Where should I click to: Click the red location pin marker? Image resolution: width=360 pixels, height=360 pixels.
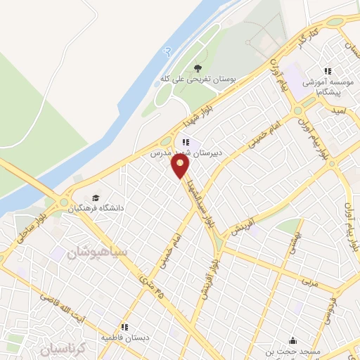(x=181, y=167)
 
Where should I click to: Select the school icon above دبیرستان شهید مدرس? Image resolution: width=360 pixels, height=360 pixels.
(x=186, y=142)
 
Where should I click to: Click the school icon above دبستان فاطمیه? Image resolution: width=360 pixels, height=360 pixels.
(x=124, y=327)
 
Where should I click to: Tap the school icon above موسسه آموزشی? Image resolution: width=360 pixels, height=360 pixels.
(x=328, y=71)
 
